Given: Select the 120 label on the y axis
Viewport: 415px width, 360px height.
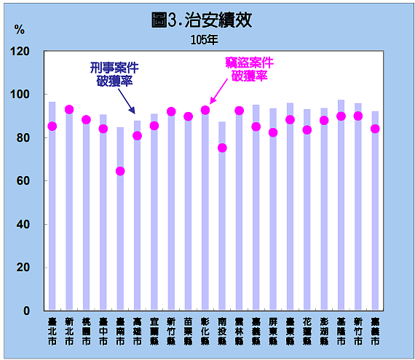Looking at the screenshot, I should [21, 52].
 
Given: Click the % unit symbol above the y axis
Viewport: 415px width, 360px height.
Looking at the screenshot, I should [19, 30].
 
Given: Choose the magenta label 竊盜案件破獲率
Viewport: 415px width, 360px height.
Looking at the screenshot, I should [248, 68].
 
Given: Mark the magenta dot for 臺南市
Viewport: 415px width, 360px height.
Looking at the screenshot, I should [120, 172].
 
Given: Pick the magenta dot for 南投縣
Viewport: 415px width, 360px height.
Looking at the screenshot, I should [222, 148].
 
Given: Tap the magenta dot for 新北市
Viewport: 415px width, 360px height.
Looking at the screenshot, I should [69, 110].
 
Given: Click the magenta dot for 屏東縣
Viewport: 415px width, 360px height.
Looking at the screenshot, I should [273, 132].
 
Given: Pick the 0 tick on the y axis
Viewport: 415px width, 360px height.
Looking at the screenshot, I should [27, 311].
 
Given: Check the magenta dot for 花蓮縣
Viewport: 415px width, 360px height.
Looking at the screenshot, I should [307, 130].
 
